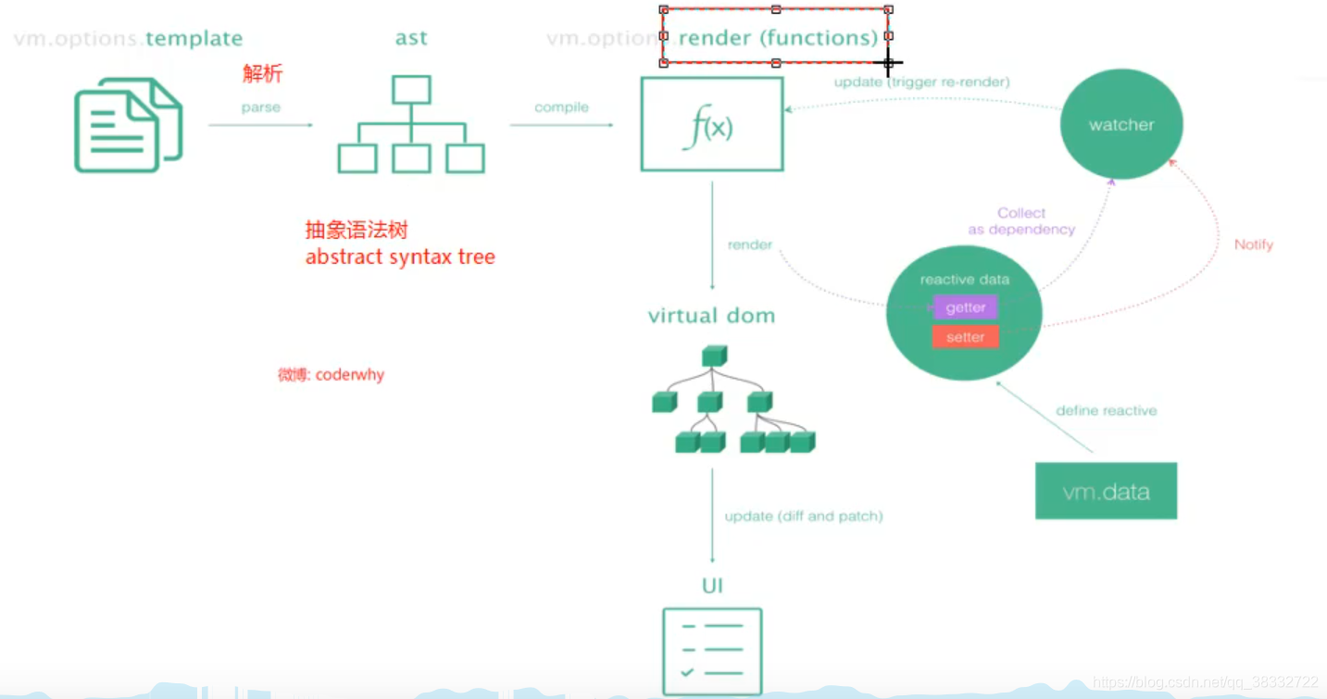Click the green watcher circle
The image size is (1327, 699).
[x=1120, y=124]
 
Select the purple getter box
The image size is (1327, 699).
[x=965, y=307]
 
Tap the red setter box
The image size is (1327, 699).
[x=965, y=337]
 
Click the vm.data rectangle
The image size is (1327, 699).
[x=1106, y=491]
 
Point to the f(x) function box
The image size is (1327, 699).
[x=711, y=124]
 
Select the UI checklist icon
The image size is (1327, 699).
[x=712, y=650]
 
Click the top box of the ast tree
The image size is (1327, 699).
[x=411, y=90]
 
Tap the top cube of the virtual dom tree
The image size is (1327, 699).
[x=714, y=356]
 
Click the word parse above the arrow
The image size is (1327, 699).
[x=260, y=107]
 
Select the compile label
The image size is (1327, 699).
[x=561, y=107]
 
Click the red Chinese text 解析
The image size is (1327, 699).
[x=262, y=74]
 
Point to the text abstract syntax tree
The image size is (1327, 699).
[x=400, y=257]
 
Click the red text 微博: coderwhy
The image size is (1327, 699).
[x=331, y=375]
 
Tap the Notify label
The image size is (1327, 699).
[x=1253, y=244]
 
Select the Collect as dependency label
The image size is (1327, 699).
[x=1021, y=221]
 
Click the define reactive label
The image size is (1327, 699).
[x=1106, y=410]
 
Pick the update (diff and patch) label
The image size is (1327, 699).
[x=803, y=516]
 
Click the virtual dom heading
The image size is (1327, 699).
[x=711, y=316]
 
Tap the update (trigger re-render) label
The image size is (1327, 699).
[x=921, y=81]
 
